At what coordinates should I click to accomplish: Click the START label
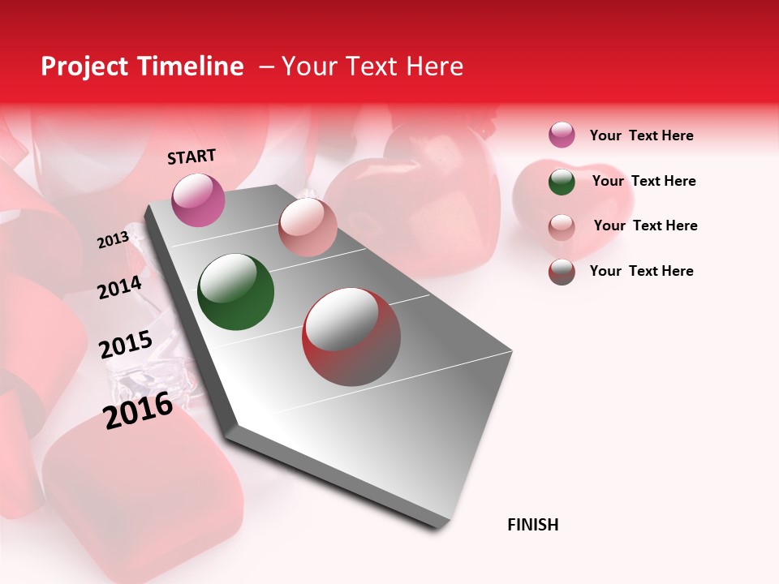tap(192, 157)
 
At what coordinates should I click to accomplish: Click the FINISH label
tap(532, 525)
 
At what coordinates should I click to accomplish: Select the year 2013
tap(113, 240)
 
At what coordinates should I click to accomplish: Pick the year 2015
tap(125, 345)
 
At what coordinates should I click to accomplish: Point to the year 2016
tap(138, 410)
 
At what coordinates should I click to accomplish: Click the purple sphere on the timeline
tap(198, 200)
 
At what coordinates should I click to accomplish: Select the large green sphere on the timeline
tap(235, 292)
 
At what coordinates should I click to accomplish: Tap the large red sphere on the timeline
tap(351, 337)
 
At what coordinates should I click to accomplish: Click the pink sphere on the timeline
tap(307, 227)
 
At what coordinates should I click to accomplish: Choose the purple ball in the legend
tap(562, 135)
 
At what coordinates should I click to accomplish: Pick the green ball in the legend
tap(562, 182)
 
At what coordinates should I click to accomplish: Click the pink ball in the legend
tap(562, 227)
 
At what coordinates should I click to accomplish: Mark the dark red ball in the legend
tap(562, 272)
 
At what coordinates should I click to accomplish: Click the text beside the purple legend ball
tap(641, 135)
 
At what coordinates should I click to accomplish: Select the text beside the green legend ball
tap(643, 181)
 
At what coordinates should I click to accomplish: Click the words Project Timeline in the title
tap(142, 67)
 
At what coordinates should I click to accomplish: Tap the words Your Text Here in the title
tap(372, 67)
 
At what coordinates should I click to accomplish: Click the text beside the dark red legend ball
tap(641, 271)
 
